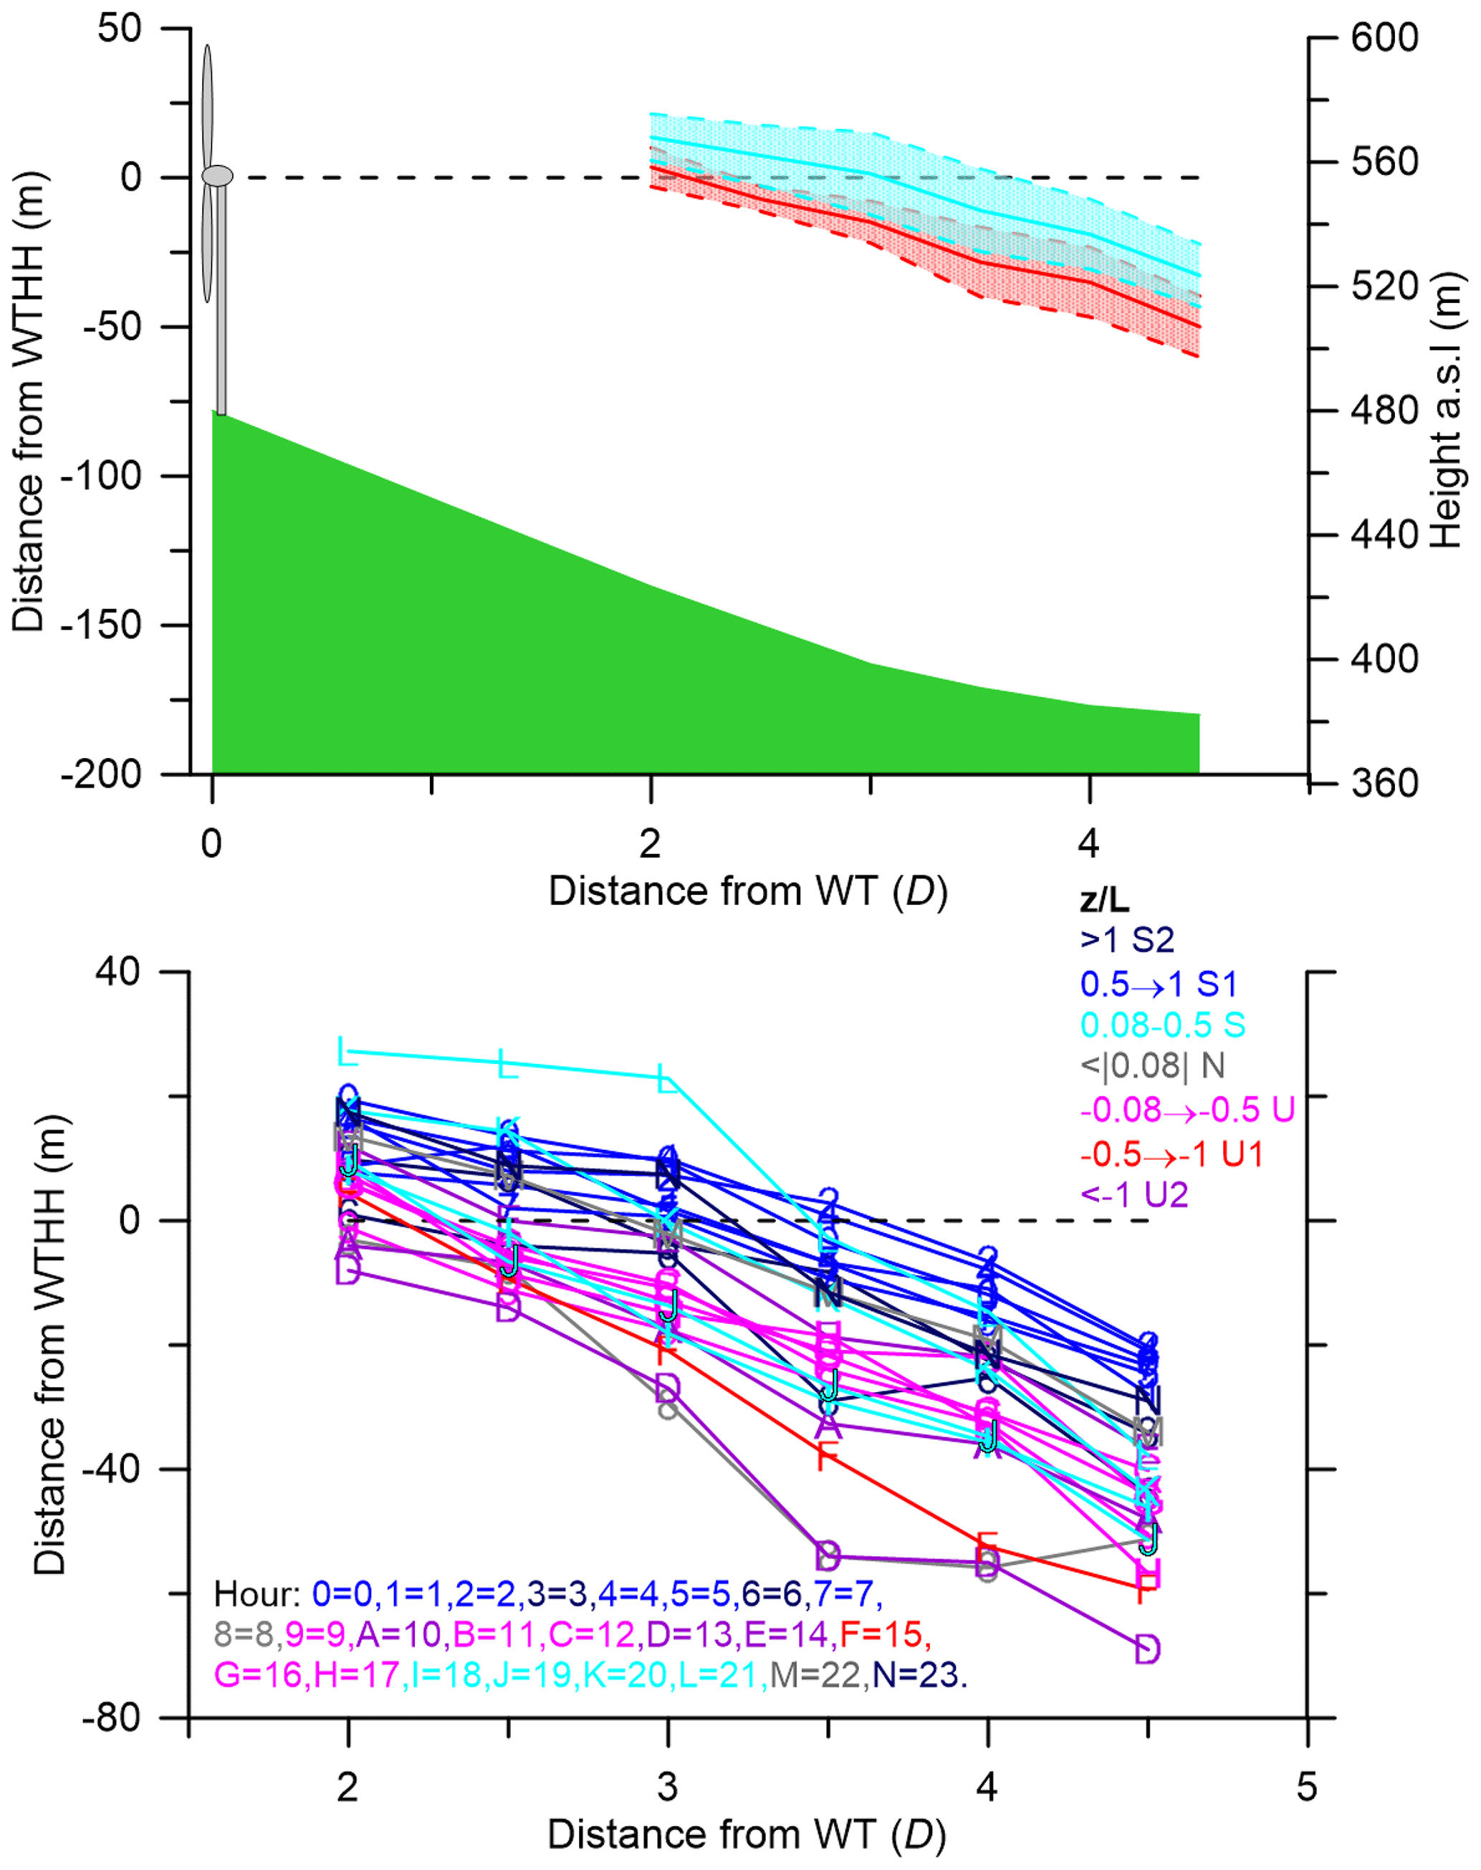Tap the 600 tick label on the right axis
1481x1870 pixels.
1384,38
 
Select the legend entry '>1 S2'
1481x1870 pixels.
1127,940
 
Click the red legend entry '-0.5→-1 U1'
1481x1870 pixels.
1172,1154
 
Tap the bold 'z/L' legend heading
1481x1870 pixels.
1105,901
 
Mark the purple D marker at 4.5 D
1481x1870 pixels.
1147,1649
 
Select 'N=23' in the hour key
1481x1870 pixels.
919,1674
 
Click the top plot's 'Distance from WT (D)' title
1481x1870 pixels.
747,891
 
